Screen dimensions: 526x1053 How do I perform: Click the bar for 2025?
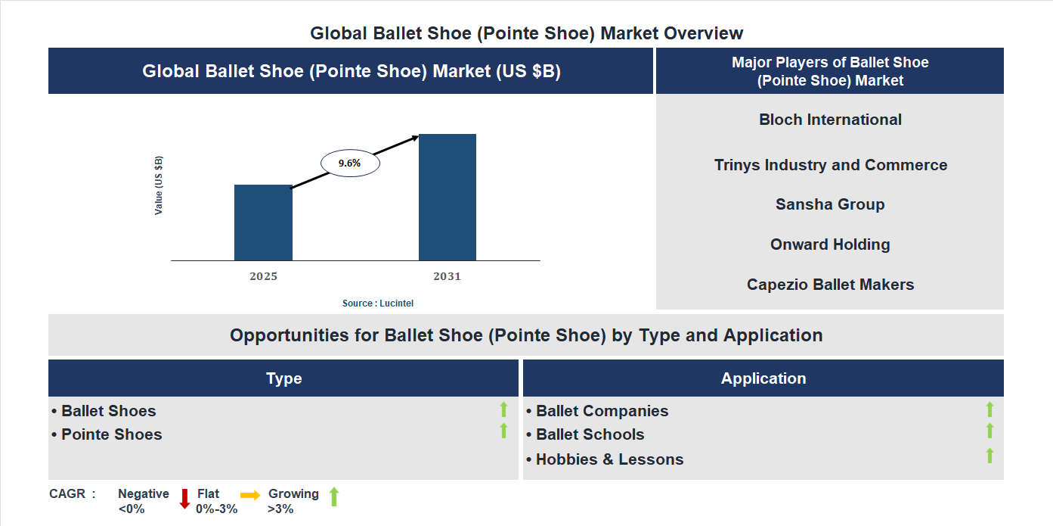(263, 223)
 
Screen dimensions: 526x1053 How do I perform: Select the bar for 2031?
(448, 197)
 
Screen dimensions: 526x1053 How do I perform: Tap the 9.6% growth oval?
(350, 163)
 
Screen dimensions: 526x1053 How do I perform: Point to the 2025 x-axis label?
(263, 276)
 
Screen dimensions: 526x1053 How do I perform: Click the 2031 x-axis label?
(447, 276)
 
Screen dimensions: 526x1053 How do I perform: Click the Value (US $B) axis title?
(159, 185)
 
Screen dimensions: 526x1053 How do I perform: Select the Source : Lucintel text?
(378, 303)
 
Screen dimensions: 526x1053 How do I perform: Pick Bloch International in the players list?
(830, 120)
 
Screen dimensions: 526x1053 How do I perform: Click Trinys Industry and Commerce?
(830, 165)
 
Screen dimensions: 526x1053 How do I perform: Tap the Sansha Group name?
(830, 204)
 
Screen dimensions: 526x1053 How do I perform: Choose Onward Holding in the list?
(830, 244)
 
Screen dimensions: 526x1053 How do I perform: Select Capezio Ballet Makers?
(830, 285)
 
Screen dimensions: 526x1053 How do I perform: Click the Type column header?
(283, 378)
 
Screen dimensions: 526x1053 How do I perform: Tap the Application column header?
(763, 378)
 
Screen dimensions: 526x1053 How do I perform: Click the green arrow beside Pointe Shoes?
(503, 431)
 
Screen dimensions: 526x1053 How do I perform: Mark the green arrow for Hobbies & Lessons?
(990, 456)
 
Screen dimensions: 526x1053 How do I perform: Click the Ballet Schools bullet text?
(590, 434)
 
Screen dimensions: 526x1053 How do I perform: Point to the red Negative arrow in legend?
(184, 499)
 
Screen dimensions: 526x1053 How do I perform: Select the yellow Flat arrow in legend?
(250, 494)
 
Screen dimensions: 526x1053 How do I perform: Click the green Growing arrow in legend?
(334, 497)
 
